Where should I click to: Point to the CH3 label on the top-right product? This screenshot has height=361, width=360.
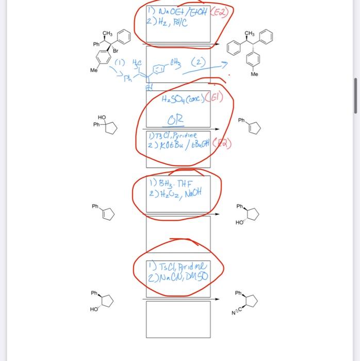pyautogui.click(x=250, y=34)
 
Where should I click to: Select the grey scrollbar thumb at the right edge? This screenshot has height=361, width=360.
pyautogui.click(x=355, y=96)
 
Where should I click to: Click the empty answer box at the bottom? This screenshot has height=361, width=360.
pyautogui.click(x=178, y=319)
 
